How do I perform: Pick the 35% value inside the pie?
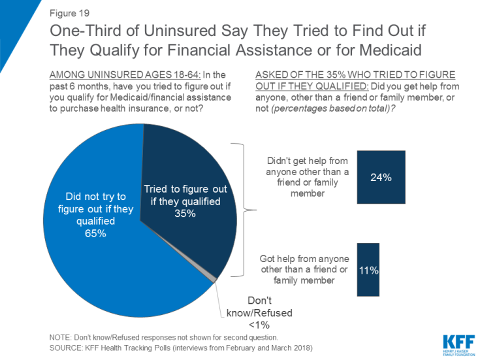[185, 214]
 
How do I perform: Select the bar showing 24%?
[381, 177]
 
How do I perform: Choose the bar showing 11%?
[368, 269]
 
